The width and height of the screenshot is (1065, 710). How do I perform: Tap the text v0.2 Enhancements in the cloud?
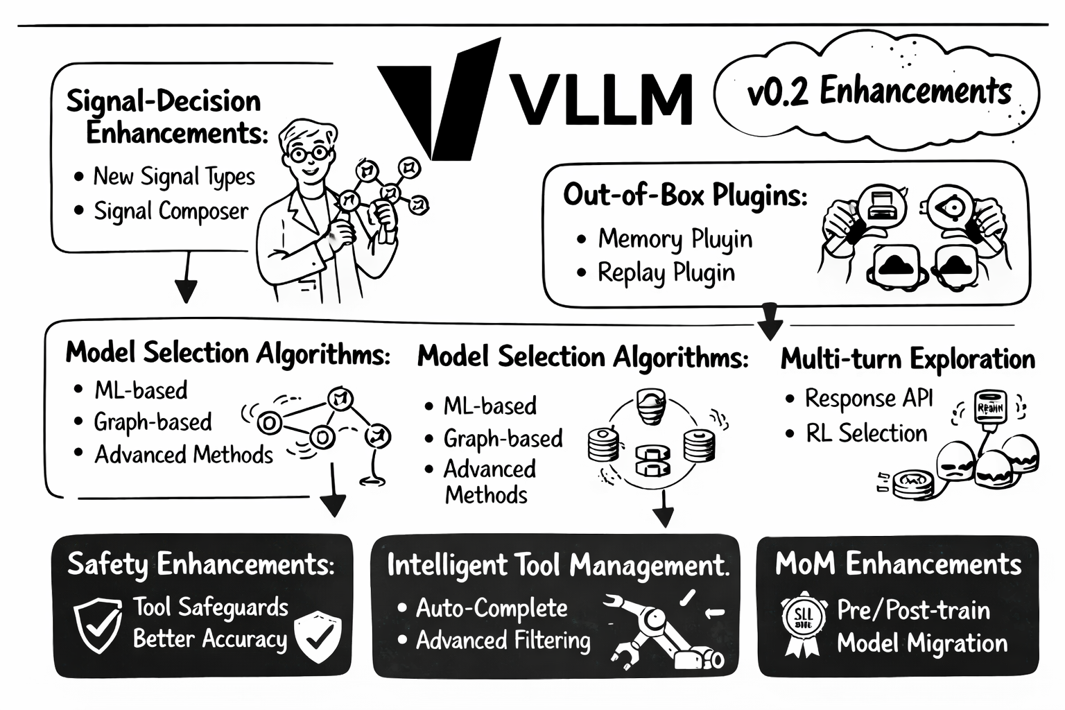[879, 92]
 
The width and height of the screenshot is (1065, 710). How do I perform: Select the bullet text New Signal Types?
[174, 177]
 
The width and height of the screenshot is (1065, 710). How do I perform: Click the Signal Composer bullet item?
[171, 211]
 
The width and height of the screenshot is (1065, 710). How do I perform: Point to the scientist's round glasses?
[309, 153]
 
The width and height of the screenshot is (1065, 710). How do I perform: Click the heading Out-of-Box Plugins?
[685, 195]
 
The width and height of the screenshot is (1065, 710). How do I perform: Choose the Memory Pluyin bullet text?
[675, 239]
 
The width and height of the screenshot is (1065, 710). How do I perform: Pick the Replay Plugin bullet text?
[666, 272]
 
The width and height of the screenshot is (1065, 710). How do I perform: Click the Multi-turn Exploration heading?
[908, 359]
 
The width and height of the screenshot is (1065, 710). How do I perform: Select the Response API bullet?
[868, 399]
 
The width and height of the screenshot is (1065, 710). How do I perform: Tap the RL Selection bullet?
[866, 433]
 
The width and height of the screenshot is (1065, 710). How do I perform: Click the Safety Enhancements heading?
[201, 564]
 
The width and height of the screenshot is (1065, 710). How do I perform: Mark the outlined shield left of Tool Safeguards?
[98, 625]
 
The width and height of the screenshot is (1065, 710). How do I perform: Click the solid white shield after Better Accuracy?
[318, 637]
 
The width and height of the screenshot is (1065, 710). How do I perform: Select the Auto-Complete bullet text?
[492, 608]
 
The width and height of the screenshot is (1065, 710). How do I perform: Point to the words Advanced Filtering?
[503, 640]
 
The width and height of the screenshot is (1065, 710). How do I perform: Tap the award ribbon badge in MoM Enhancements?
[803, 621]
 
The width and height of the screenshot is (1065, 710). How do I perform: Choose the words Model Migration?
[921, 643]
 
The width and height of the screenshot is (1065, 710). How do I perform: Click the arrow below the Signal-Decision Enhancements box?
[186, 281]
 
